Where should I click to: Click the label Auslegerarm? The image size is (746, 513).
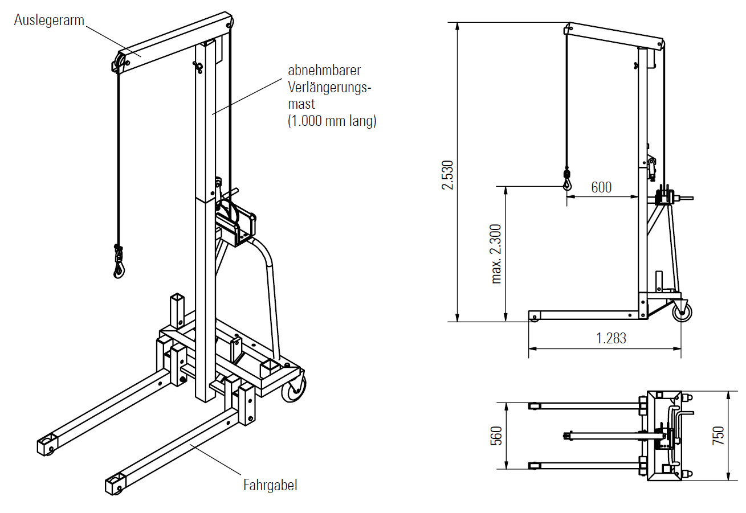click(x=50, y=20)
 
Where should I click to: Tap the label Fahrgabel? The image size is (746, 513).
click(x=270, y=485)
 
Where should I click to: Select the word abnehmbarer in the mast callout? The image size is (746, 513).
click(x=324, y=71)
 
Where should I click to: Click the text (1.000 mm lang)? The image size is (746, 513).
click(x=332, y=121)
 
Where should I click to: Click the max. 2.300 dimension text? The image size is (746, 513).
click(x=496, y=254)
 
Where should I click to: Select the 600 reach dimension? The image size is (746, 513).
click(x=601, y=187)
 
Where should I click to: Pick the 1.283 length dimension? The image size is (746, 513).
click(x=611, y=338)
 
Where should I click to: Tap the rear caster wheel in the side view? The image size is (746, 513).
click(x=683, y=311)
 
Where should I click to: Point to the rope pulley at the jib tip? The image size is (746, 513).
click(x=120, y=63)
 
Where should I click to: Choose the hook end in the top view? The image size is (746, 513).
click(x=566, y=436)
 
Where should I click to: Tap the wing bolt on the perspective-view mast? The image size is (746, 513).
click(x=199, y=68)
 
